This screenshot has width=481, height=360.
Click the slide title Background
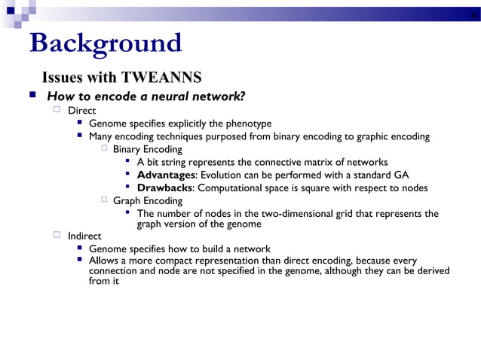(x=106, y=43)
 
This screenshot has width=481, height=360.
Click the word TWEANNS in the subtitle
(x=166, y=78)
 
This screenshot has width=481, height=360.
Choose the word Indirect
(x=84, y=236)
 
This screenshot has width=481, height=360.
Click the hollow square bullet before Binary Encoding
(x=105, y=149)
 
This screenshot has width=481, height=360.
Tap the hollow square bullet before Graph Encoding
(x=105, y=200)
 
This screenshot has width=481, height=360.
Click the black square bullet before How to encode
(x=32, y=96)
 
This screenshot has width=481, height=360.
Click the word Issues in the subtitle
(x=62, y=78)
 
